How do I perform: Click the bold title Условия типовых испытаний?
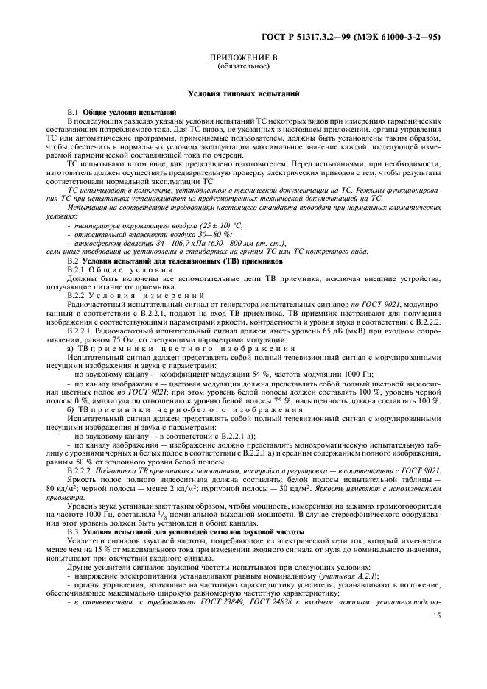pos(243,95)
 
